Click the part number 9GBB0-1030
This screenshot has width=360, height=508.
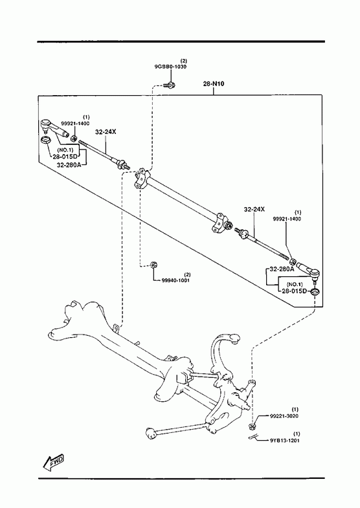tap(170, 67)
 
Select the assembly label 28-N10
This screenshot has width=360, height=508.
tap(214, 83)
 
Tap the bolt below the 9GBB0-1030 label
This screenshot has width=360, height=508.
tap(170, 85)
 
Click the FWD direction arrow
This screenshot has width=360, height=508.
tap(54, 461)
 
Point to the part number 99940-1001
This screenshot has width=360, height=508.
tap(175, 280)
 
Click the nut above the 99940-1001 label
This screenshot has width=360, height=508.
tap(153, 265)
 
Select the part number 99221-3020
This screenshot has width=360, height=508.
tap(284, 416)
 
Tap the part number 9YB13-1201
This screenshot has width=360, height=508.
tap(284, 440)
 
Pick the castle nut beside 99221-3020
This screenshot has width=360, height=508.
tap(253, 425)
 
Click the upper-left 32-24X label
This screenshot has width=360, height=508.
tap(106, 132)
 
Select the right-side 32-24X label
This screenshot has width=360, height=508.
tap(254, 209)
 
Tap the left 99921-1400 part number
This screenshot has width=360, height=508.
tap(75, 123)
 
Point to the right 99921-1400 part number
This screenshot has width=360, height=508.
tap(286, 219)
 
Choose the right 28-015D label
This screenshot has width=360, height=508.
tap(294, 291)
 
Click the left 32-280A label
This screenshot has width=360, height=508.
tap(69, 164)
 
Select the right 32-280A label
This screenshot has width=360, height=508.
tap(282, 269)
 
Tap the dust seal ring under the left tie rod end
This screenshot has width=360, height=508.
tap(46, 140)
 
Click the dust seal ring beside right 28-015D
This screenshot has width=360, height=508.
tap(315, 292)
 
